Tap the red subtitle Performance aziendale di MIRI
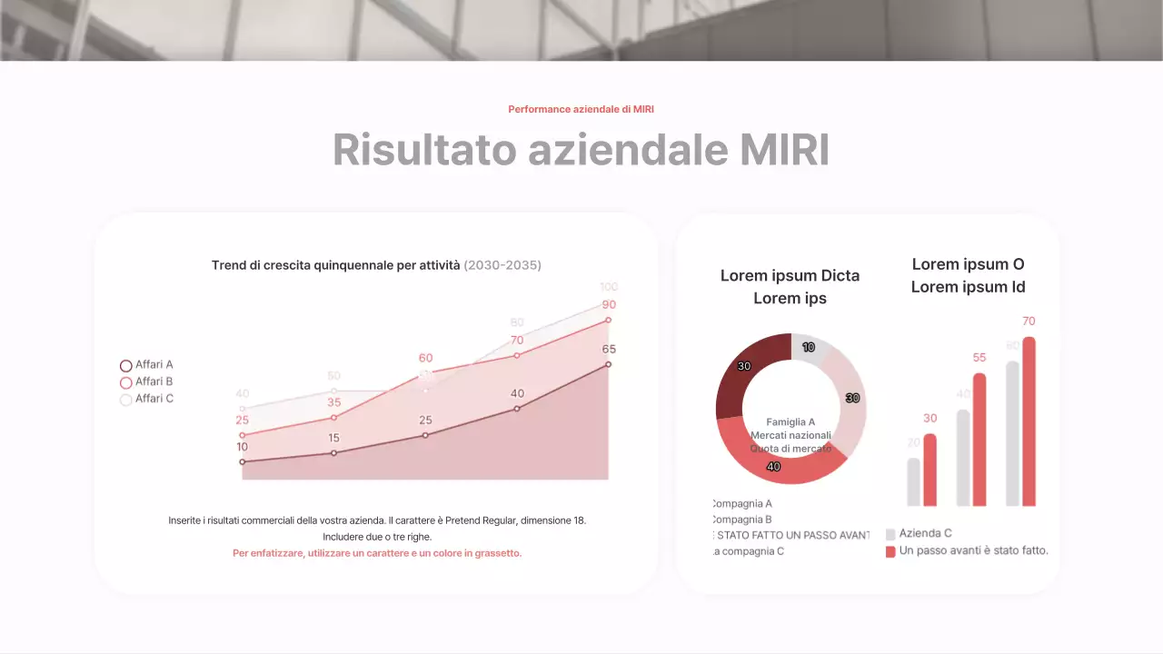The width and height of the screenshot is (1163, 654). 581,109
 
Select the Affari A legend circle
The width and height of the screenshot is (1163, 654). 126,365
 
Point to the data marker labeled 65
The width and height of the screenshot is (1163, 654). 608,364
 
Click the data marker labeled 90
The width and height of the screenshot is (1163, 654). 608,320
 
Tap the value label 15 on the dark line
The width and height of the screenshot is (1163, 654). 333,439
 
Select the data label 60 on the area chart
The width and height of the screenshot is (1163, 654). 425,358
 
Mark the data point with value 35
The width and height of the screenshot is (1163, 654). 333,418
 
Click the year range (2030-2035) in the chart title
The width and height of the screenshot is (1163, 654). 502,265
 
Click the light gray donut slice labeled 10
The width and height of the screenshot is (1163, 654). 810,348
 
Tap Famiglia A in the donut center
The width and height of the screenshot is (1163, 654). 790,422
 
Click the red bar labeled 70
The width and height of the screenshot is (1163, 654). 1029,421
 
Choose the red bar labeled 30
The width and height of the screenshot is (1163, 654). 929,470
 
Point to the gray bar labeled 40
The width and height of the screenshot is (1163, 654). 963,458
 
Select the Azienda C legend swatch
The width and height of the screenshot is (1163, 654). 890,534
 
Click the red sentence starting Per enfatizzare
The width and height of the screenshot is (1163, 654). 377,553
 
